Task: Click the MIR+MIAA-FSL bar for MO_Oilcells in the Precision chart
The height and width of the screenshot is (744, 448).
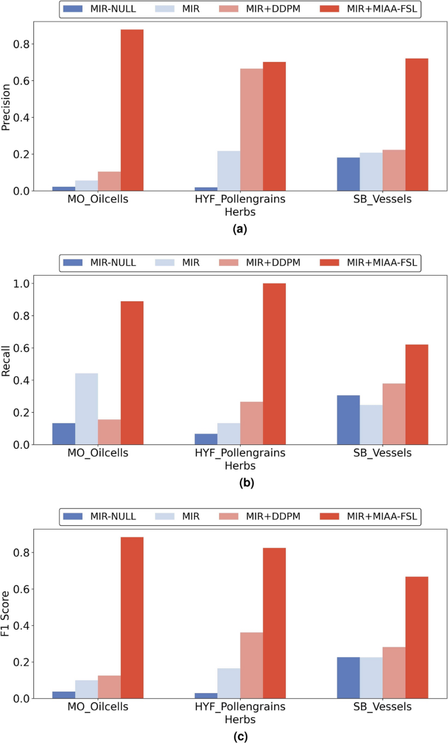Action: pos(131,110)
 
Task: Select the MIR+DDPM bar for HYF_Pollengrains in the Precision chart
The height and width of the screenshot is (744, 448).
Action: pos(251,130)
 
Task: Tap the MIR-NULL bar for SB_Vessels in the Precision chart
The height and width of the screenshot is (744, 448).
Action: pos(348,174)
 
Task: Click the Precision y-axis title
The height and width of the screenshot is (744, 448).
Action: pos(7,106)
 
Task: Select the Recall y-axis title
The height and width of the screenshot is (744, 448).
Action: pos(7,360)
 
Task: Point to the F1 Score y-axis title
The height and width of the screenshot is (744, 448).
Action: pos(7,614)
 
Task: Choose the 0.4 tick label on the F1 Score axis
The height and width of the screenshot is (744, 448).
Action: pos(24,626)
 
